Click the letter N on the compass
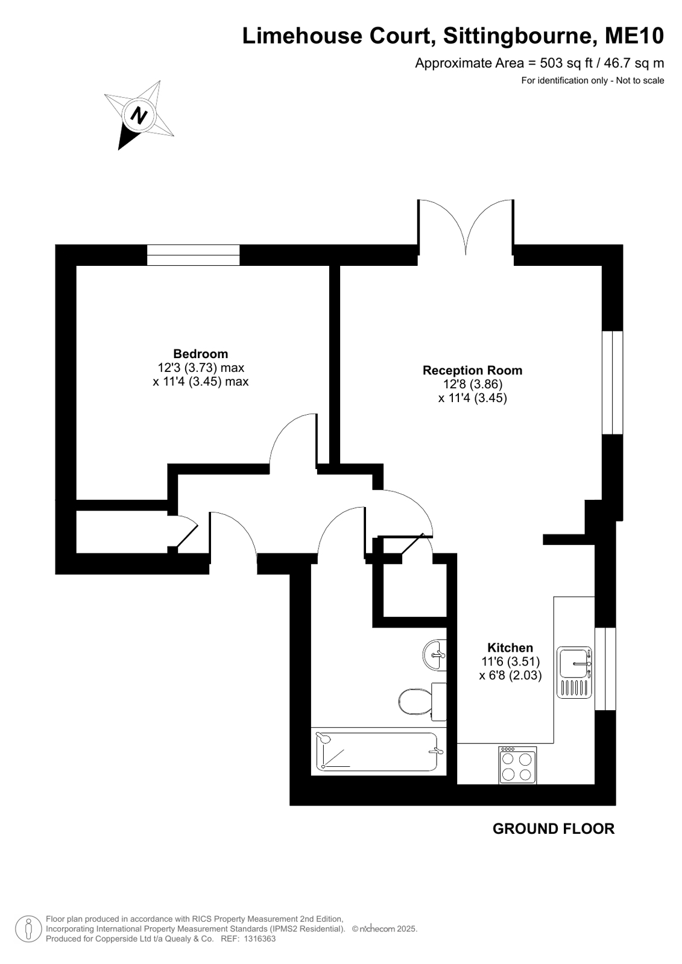139,115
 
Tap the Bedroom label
201,354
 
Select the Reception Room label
472,370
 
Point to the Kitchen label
510,647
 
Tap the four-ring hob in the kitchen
517,764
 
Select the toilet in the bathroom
422,702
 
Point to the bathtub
378,751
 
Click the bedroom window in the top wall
194,255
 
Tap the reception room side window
612,382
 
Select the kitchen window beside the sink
605,669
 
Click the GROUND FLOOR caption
554,828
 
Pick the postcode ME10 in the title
634,36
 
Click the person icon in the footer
28,928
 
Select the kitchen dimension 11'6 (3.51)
510,661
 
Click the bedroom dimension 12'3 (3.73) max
201,368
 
